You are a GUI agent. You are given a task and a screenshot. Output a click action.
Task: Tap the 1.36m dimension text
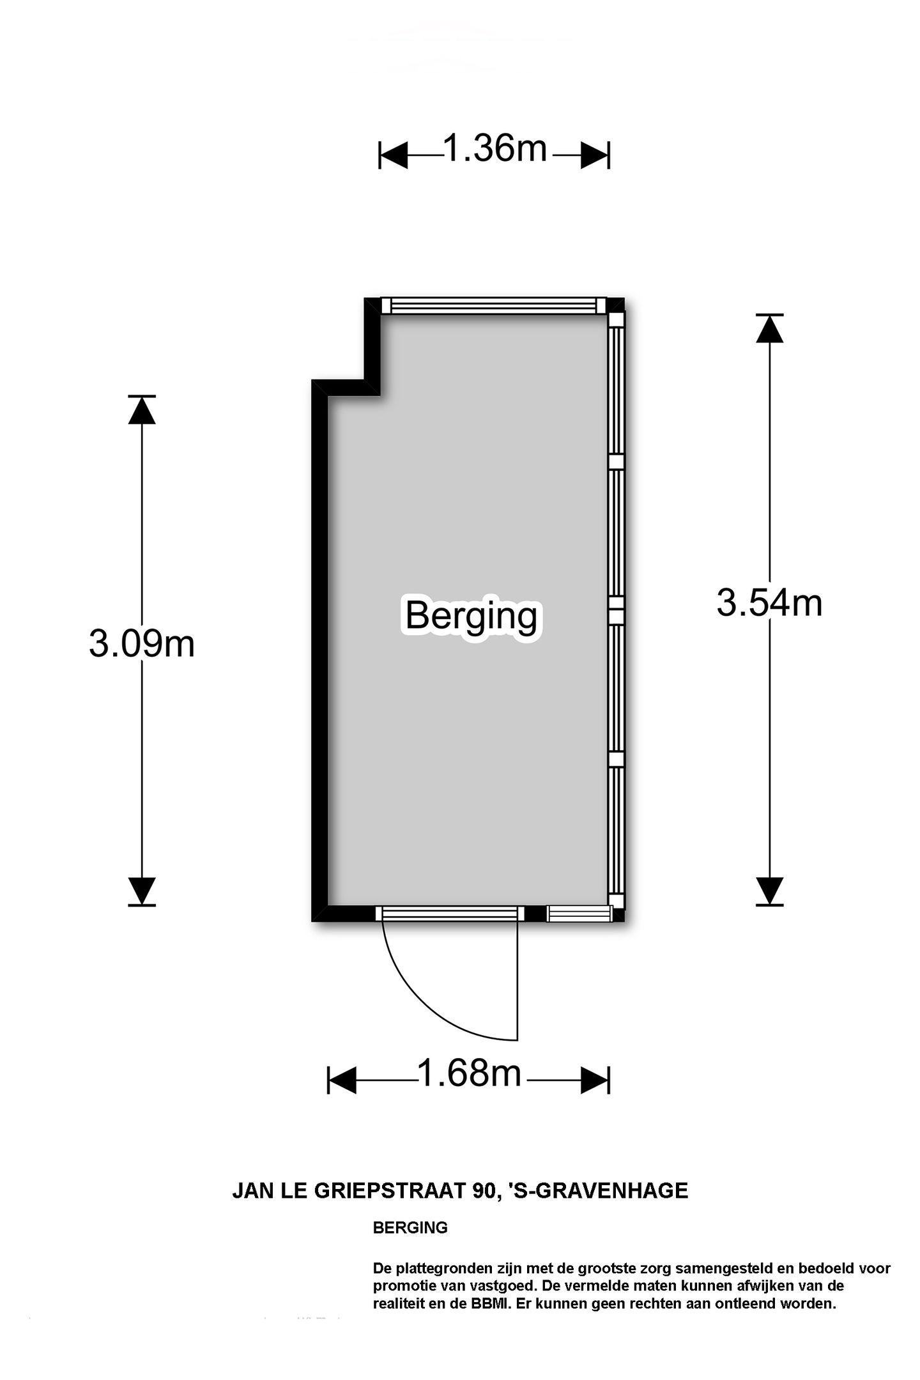[495, 148]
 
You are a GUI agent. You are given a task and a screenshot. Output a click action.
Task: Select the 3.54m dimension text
[769, 602]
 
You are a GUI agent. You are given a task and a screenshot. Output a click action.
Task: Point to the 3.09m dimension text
[142, 643]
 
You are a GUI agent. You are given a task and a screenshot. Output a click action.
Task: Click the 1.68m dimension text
[470, 1073]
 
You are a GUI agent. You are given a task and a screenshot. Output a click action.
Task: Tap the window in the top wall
[493, 306]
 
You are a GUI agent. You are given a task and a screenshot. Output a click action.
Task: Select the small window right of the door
[579, 914]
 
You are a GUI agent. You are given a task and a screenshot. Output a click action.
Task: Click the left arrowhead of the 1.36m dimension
[394, 155]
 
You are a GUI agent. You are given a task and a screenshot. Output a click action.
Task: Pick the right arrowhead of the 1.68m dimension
[595, 1080]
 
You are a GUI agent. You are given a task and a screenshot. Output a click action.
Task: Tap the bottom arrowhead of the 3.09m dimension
[142, 891]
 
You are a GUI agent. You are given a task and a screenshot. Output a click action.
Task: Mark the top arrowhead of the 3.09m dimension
[142, 410]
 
